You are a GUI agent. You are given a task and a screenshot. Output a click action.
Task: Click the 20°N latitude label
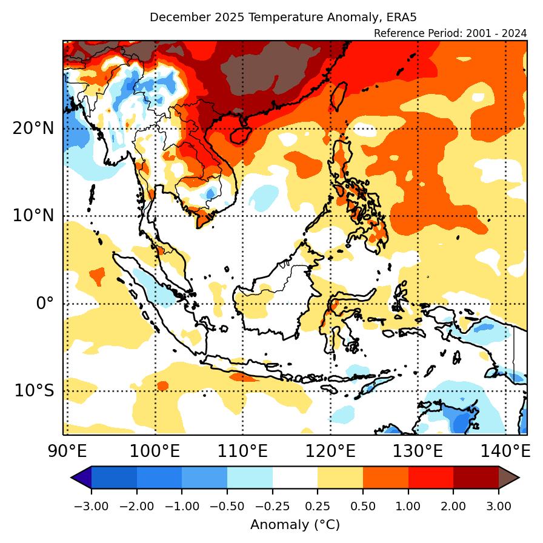33,128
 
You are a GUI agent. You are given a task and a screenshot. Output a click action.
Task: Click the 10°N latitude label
33,216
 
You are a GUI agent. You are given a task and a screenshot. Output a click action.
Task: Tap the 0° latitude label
45,303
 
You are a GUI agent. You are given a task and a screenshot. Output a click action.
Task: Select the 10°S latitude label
35,390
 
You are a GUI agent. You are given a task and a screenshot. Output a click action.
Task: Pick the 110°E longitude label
243,451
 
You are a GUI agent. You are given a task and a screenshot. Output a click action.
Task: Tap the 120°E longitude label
331,451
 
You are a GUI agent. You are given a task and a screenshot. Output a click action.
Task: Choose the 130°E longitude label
419,451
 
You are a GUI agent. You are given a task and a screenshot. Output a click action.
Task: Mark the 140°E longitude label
507,451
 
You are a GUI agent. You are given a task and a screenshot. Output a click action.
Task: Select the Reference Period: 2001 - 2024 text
450,33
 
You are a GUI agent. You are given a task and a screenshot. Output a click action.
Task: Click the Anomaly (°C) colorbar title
295,524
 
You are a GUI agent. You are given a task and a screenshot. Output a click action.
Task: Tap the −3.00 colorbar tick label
91,507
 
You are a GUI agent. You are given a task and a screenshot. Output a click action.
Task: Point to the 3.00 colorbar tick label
499,507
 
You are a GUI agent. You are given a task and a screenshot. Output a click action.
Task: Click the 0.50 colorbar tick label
363,507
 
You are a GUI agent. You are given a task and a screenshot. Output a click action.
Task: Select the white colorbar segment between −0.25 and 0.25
295,478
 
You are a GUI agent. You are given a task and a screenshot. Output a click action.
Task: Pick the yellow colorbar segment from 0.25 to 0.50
340,478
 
